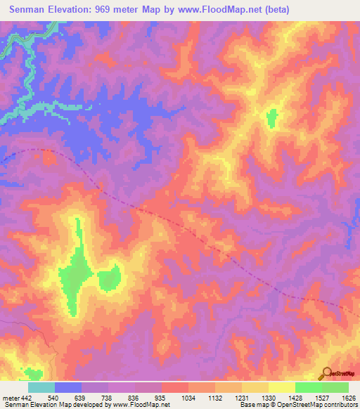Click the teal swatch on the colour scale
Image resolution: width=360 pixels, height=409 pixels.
[41, 387]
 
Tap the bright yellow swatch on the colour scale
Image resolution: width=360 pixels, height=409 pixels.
[281, 387]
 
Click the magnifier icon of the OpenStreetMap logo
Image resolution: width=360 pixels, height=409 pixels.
[327, 372]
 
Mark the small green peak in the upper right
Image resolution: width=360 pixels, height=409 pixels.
[271, 118]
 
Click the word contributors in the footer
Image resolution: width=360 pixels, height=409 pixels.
[339, 405]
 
